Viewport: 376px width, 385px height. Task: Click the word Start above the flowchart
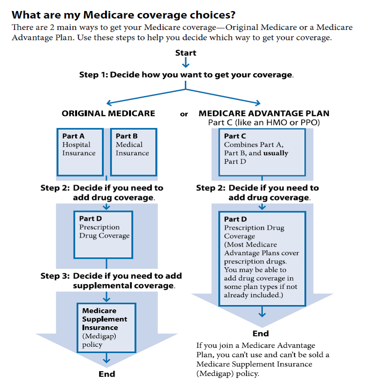point(186,53)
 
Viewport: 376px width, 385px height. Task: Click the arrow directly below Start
point(186,63)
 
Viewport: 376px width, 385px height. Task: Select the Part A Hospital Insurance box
point(80,152)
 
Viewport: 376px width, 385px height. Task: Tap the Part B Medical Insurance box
point(133,152)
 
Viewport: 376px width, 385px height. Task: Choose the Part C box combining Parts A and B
point(262,152)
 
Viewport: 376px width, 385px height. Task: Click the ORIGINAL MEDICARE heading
point(108,113)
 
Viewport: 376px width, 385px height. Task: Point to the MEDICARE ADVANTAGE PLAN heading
point(264,113)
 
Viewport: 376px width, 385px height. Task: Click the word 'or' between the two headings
point(184,114)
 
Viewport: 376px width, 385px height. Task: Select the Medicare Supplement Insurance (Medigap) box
point(106,327)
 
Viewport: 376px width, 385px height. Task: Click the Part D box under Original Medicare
point(103,234)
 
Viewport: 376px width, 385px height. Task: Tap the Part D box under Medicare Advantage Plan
point(262,259)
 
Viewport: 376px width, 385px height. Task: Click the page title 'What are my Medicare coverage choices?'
point(123,15)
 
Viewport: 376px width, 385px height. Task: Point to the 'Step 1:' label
point(94,74)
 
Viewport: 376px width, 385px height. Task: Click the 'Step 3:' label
point(55,276)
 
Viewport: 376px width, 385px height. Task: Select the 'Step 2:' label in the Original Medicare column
point(55,188)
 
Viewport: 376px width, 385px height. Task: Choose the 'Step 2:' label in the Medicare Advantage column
point(211,188)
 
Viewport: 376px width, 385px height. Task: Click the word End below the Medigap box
point(107,374)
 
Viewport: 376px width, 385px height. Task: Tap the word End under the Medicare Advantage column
point(260,333)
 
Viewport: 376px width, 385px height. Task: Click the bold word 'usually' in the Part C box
point(275,153)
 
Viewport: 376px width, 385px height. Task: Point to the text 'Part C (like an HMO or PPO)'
point(264,123)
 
